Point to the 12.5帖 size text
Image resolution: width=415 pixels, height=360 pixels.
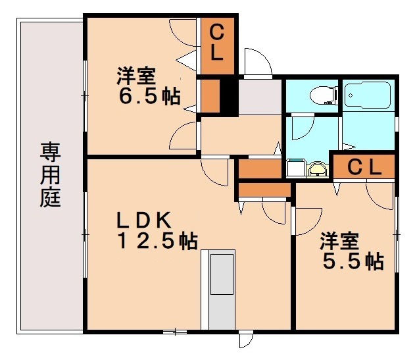(157, 241)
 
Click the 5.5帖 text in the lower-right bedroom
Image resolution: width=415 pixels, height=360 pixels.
(353, 261)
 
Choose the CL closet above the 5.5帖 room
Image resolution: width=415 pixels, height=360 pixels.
(364, 168)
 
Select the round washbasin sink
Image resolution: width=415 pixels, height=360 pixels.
(317, 170)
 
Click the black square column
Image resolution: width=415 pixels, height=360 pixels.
(228, 97)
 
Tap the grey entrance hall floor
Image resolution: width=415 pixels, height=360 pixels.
(259, 97)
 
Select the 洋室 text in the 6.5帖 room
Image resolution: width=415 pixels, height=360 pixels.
(135, 74)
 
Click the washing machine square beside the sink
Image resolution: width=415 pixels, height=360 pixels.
(294, 169)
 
